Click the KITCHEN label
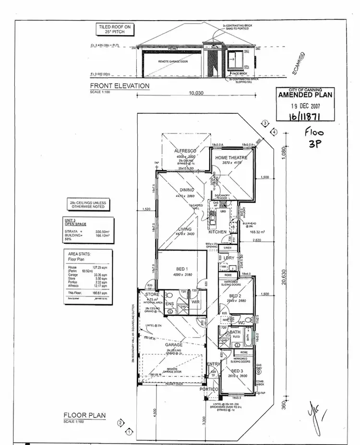[x=217, y=232]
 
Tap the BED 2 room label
[x=235, y=296]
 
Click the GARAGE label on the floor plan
[x=174, y=345]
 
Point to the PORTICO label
[x=210, y=389]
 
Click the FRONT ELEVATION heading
[x=120, y=86]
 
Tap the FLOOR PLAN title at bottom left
[x=84, y=416]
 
